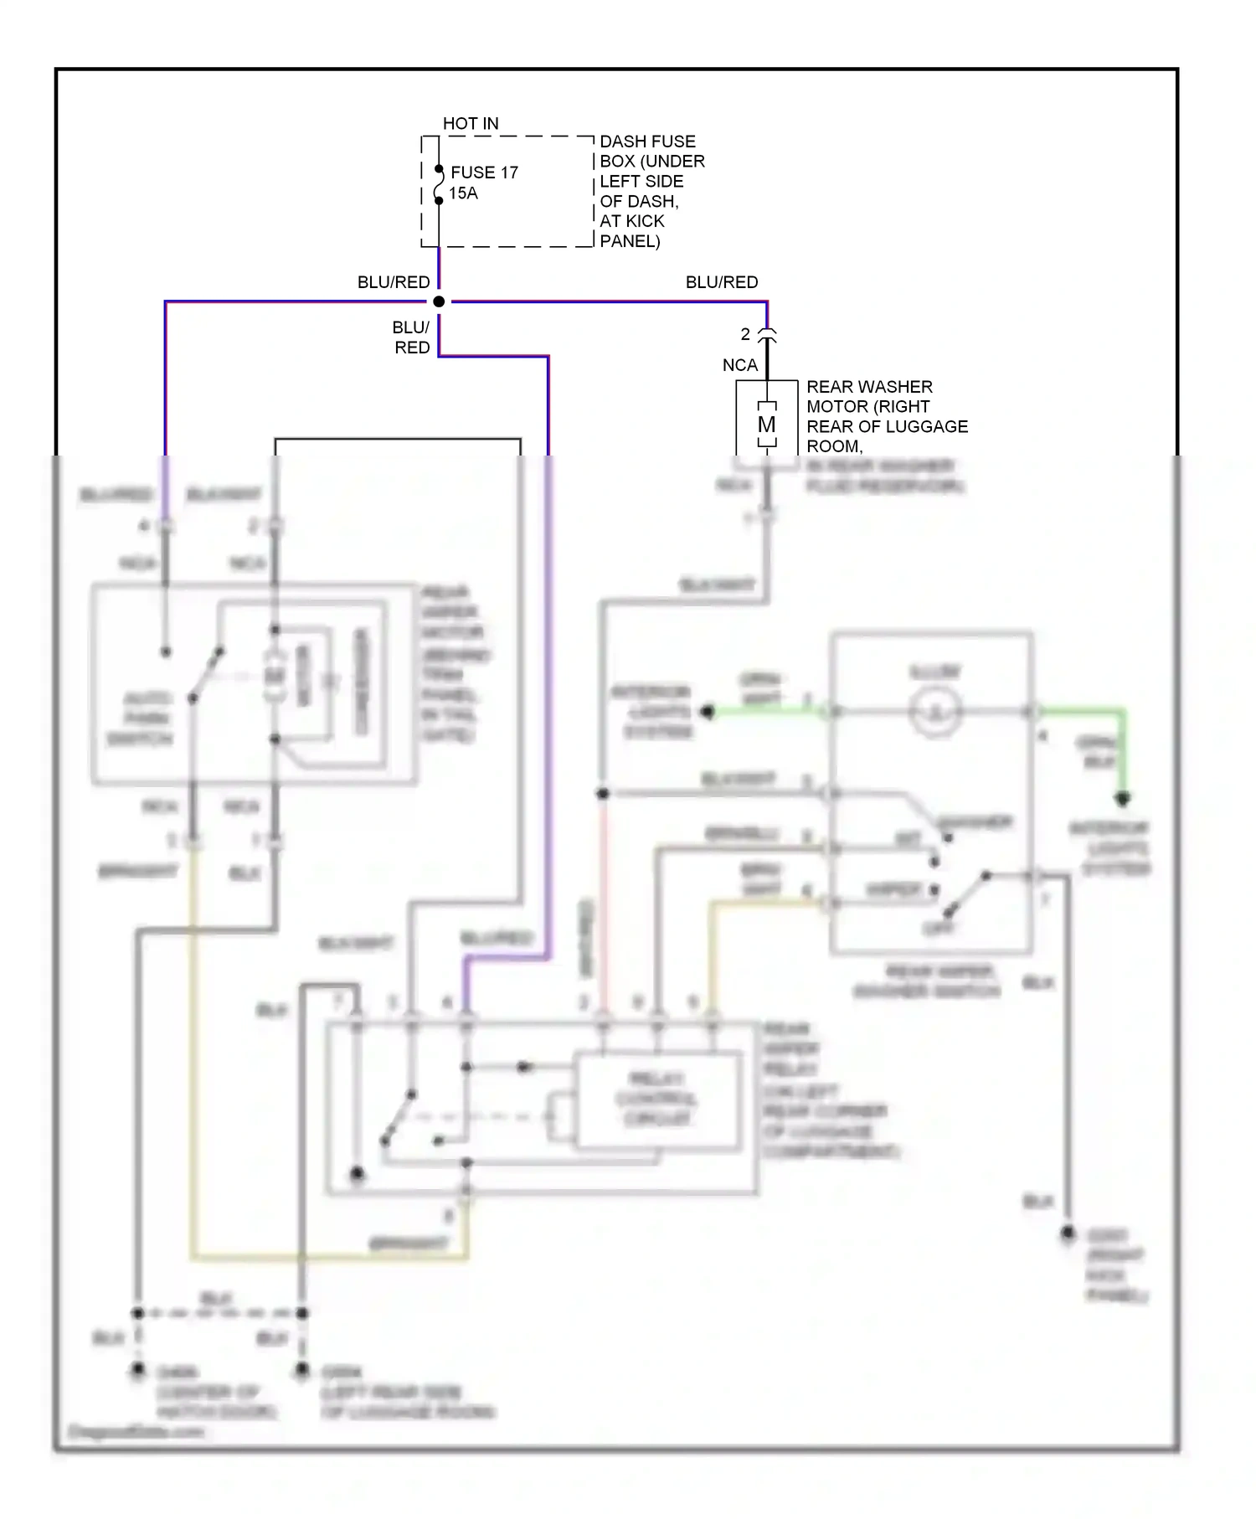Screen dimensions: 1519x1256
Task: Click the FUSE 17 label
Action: tap(484, 172)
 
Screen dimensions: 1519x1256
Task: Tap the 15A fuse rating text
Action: tap(463, 193)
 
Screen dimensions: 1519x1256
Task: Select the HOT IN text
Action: tap(471, 124)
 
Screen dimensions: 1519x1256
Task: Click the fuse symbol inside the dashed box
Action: tap(438, 185)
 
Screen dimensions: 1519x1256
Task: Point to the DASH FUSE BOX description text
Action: tap(651, 191)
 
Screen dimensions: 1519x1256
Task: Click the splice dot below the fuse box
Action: tap(439, 301)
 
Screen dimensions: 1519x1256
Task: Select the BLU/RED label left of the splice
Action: tap(394, 283)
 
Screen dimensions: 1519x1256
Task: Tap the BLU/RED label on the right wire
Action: tap(721, 283)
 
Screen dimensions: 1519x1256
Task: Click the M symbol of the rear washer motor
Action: tap(766, 425)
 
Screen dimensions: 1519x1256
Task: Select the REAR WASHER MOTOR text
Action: tap(886, 416)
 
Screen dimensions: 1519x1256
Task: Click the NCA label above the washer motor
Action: tap(740, 365)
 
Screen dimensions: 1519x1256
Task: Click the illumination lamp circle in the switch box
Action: tap(935, 713)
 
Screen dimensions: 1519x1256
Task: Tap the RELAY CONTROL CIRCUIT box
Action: tap(656, 1099)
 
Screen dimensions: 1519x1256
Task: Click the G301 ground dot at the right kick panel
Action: tap(1068, 1233)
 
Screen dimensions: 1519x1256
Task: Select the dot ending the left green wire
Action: tap(708, 713)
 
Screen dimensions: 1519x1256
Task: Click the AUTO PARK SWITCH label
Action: tap(147, 718)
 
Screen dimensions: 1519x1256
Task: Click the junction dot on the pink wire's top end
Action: tap(602, 793)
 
